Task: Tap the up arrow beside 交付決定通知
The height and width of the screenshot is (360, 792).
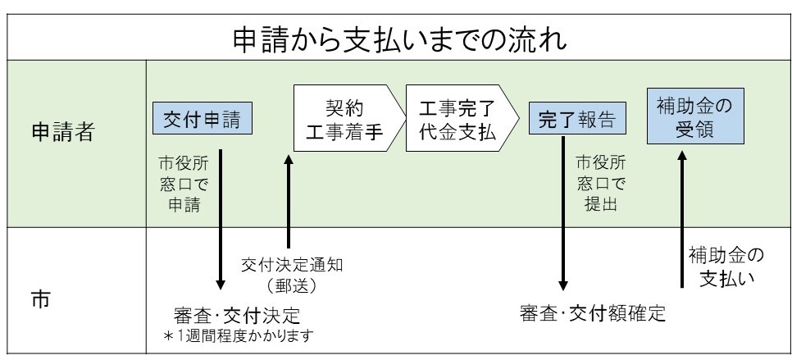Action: click(x=288, y=197)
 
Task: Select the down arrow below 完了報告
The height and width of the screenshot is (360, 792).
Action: click(x=562, y=213)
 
